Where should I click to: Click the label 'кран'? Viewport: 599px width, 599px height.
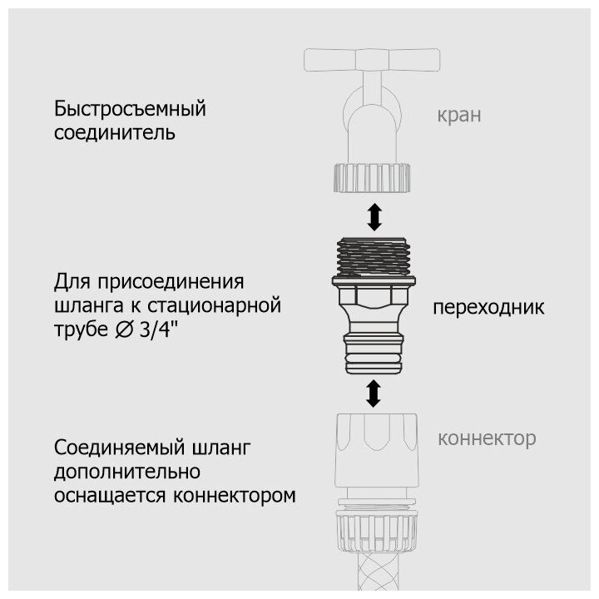(458, 115)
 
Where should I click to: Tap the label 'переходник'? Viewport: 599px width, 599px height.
(488, 308)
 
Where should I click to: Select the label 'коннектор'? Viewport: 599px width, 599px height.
(487, 438)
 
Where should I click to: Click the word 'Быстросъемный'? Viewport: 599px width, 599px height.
(130, 109)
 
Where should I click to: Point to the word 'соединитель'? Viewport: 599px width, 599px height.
(115, 132)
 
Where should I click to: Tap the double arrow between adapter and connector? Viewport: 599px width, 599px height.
(374, 392)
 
